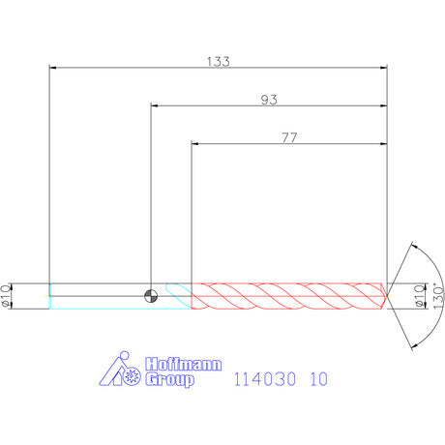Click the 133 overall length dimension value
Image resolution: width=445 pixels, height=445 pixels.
(219, 61)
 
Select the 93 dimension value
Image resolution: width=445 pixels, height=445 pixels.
(269, 100)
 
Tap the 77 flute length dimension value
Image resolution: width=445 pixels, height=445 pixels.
(289, 137)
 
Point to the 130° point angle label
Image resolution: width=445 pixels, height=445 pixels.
(438, 296)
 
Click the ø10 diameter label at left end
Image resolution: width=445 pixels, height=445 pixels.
(6, 296)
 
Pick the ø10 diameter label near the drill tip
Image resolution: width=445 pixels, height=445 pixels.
(419, 296)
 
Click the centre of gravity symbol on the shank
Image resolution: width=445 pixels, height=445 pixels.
(151, 296)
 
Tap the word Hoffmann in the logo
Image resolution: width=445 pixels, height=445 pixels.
(183, 365)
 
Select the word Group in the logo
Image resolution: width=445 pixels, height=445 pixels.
(169, 379)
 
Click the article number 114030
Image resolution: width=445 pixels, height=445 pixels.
(264, 379)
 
